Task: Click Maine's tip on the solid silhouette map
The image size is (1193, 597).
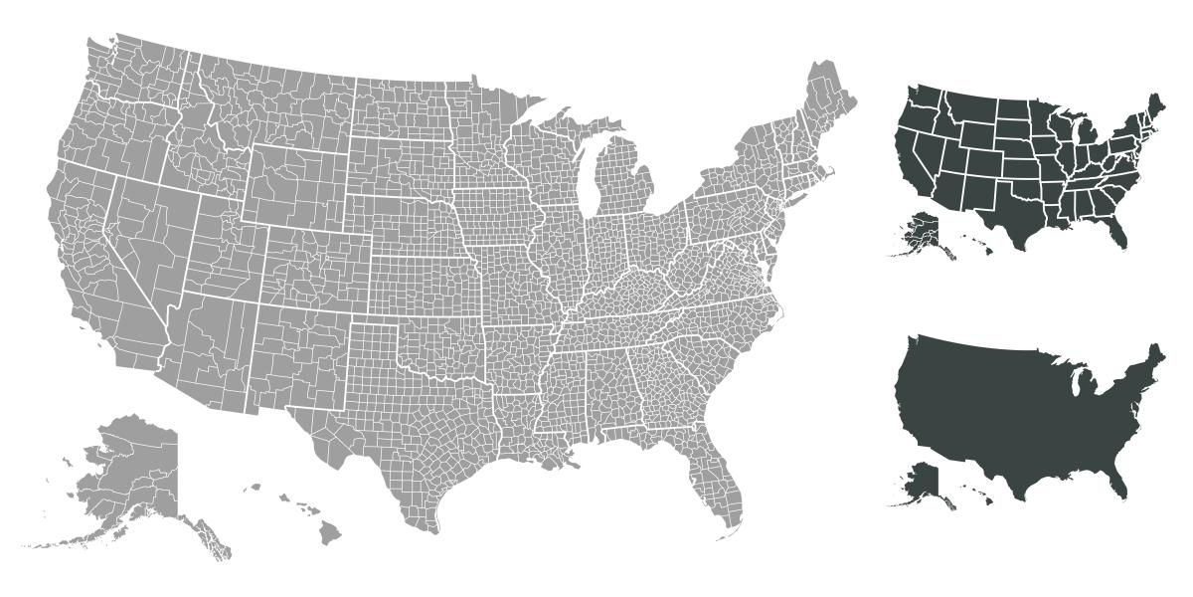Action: pos(1155,354)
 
